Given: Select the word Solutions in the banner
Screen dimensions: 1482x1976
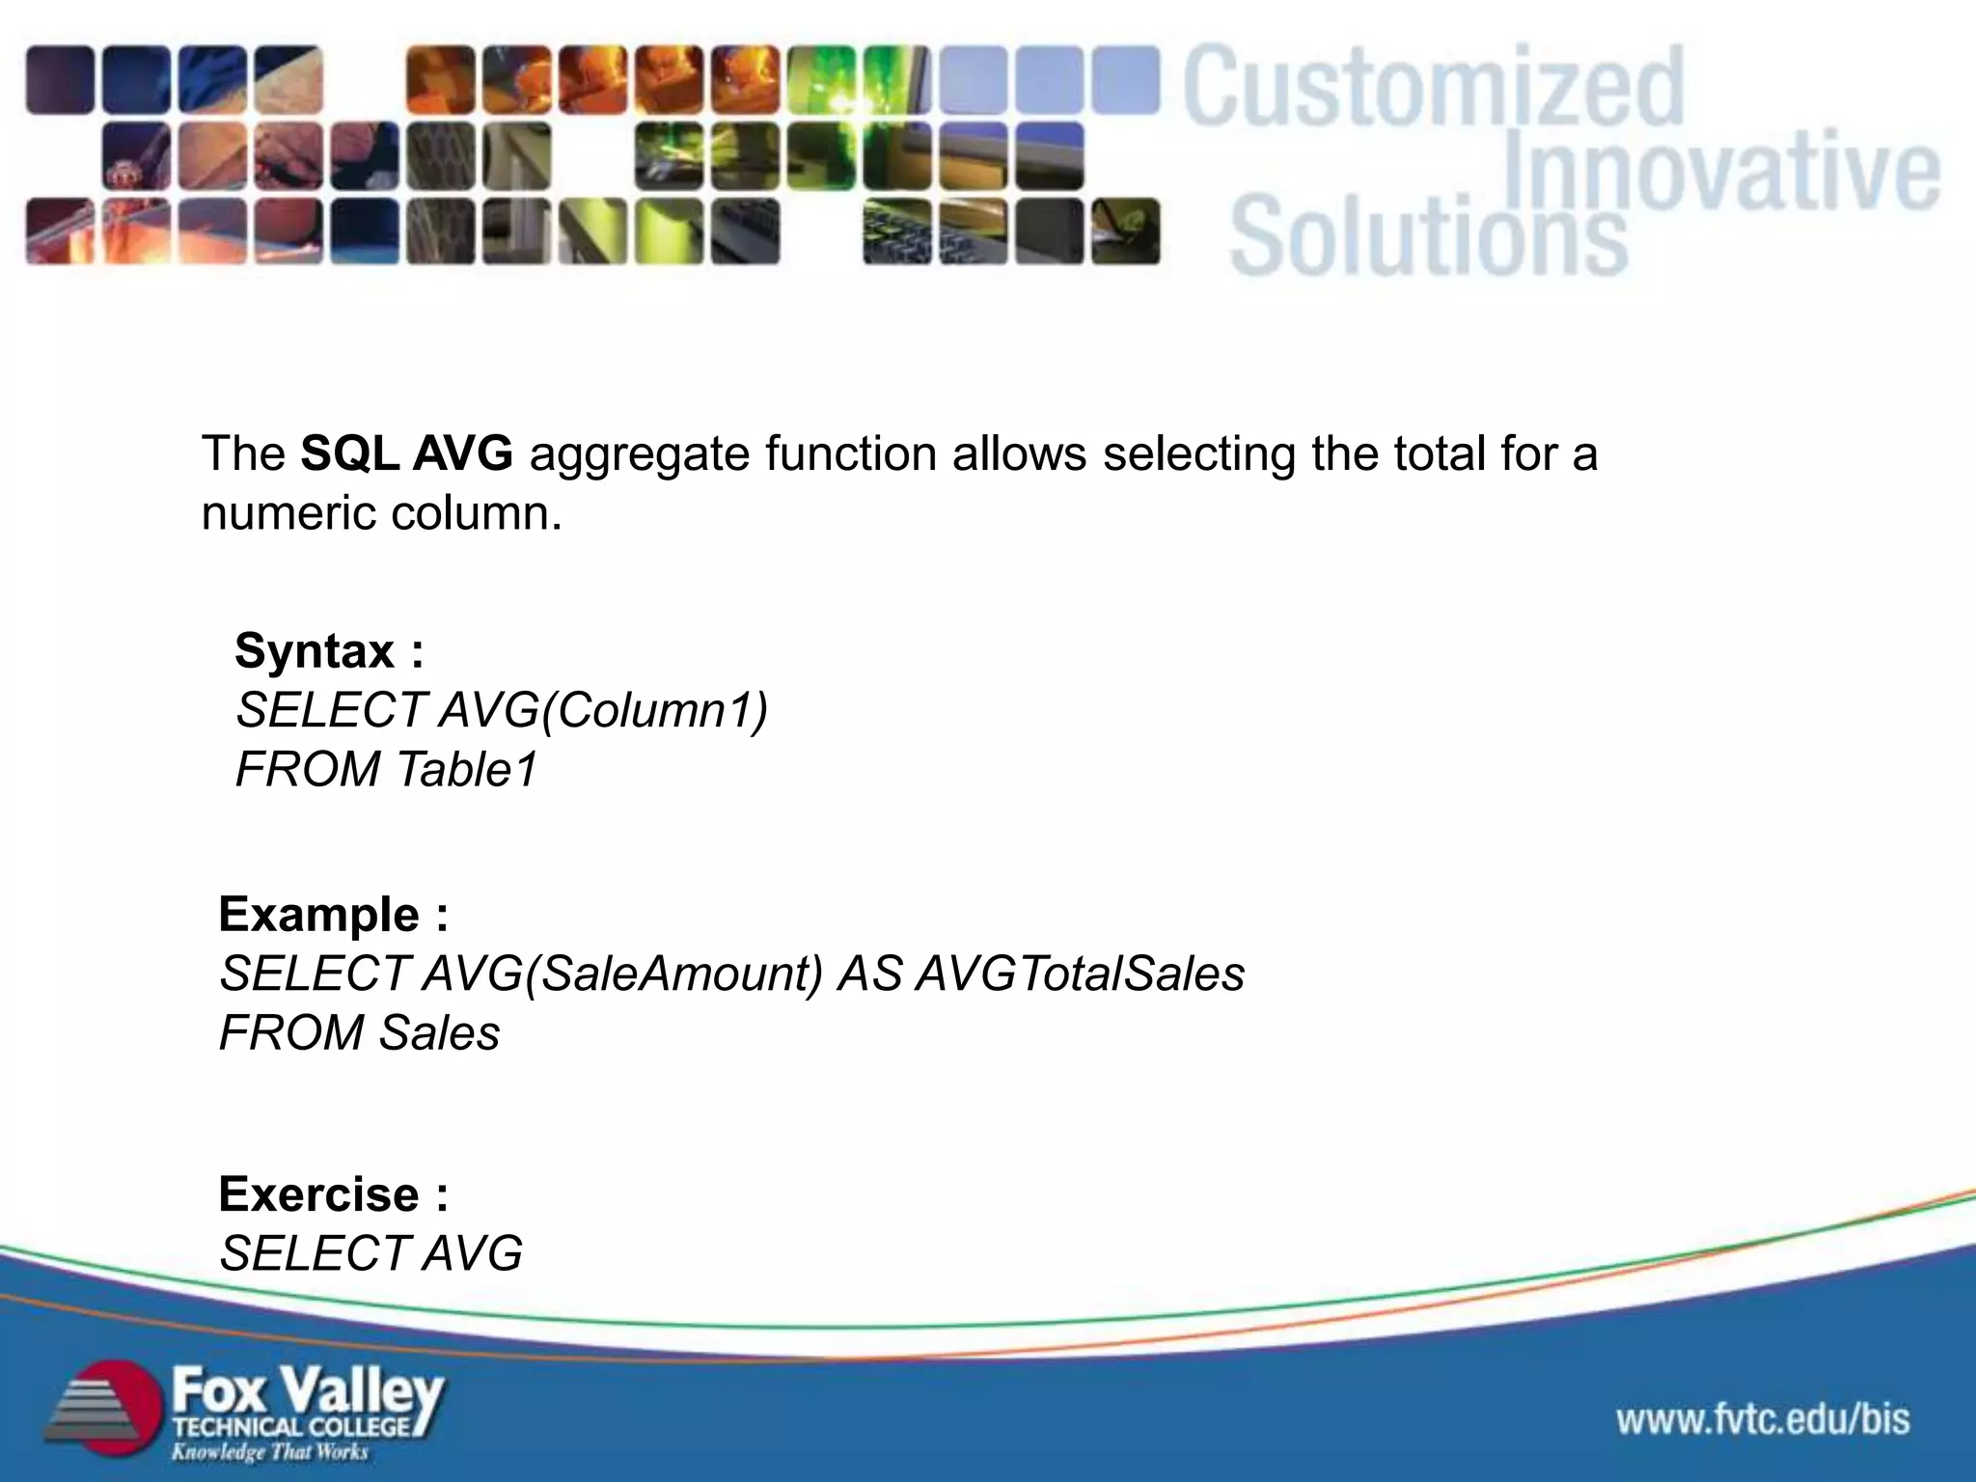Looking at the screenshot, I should click(x=1428, y=236).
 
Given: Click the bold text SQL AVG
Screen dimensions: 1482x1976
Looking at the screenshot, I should click(x=406, y=453).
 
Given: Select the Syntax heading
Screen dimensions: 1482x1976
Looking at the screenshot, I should click(x=329, y=651).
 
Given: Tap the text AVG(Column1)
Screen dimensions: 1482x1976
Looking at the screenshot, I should click(x=603, y=711).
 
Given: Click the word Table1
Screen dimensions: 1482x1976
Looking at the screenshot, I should click(x=467, y=770).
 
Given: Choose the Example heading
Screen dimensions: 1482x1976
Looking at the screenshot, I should click(x=333, y=915).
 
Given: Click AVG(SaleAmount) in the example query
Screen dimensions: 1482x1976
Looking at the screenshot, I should click(x=622, y=974).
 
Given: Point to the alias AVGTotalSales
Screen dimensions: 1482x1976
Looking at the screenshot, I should click(x=1080, y=974).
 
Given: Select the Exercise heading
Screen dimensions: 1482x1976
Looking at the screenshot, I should click(x=333, y=1195).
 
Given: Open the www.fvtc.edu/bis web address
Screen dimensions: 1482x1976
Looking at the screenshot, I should click(x=1763, y=1419).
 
